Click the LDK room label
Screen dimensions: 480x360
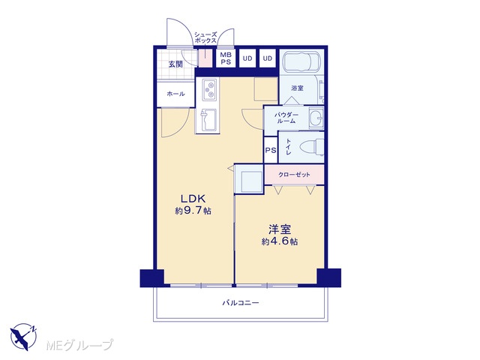[193, 199]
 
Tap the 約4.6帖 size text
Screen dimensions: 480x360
[280, 241]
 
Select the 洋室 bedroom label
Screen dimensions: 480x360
[280, 229]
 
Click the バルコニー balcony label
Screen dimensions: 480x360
[241, 303]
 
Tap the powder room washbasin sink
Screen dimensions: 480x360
[316, 117]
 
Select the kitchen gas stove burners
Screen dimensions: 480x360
[210, 88]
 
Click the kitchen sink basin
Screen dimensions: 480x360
[209, 119]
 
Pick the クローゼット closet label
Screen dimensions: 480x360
[294, 175]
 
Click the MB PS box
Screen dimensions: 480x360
[226, 58]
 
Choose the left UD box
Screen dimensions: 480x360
[247, 58]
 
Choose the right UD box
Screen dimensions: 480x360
[268, 58]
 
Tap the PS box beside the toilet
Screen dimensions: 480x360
[271, 150]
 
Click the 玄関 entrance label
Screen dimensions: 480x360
[175, 64]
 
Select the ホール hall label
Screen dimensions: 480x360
[175, 94]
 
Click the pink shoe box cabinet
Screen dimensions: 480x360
[205, 58]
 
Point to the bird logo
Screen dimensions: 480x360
[23, 337]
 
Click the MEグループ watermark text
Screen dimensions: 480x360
[79, 345]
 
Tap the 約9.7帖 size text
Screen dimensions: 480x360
[193, 211]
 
